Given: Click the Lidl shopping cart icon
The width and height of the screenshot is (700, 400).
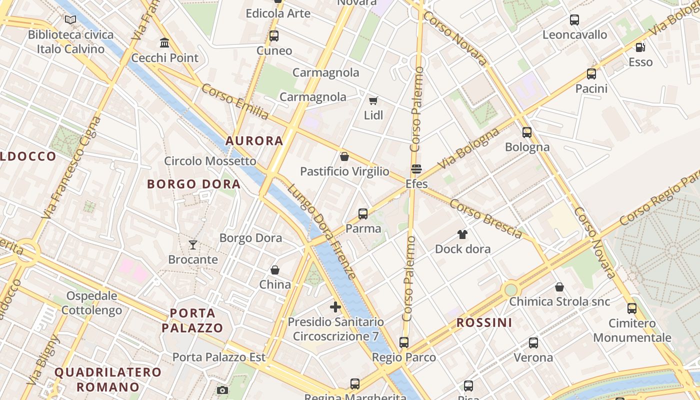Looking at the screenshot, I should point(373,100).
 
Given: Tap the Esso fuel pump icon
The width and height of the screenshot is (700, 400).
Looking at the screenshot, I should point(640,47).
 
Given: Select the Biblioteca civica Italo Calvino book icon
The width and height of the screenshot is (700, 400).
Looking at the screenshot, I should point(70,20).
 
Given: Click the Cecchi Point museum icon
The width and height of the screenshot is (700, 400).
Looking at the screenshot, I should point(164,43).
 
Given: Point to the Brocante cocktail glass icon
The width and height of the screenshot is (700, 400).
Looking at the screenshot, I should point(193,244).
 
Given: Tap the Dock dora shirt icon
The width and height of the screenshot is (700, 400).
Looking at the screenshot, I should point(462,234).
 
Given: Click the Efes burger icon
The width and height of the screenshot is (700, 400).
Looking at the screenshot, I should point(416,169).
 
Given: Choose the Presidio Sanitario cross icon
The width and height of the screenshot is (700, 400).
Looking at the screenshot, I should point(335,306).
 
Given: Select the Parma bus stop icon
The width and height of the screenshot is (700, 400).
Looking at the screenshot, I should point(363,214).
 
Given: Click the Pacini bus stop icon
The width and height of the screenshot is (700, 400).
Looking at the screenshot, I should point(591,74).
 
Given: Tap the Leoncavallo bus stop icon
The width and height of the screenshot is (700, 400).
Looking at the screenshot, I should point(574,20).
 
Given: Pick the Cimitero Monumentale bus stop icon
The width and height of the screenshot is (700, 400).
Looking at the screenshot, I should point(632,308).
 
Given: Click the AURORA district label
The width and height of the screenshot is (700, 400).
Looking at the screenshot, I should point(254,141).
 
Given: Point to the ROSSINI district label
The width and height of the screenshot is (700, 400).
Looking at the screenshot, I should point(484,322).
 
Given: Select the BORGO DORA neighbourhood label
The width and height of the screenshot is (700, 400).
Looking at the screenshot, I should point(194,184).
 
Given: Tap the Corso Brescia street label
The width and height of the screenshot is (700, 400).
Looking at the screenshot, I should point(485,219).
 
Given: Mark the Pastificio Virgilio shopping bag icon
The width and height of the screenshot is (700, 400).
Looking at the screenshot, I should point(344,156).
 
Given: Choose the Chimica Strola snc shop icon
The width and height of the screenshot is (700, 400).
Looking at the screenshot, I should point(559,287).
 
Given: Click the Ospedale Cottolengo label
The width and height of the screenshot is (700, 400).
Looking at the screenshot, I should point(91,303).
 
